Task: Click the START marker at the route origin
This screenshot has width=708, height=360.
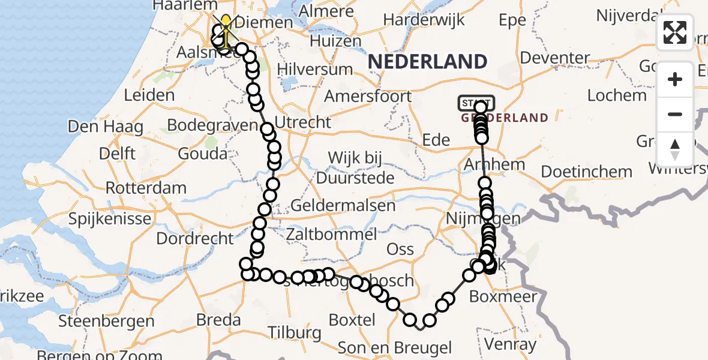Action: click(x=477, y=103)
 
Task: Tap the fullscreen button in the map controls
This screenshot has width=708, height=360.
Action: click(x=675, y=32)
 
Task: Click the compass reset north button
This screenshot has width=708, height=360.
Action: click(x=675, y=149)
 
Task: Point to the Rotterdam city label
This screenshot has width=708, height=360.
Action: click(x=146, y=188)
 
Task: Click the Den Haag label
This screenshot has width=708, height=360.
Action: click(x=106, y=127)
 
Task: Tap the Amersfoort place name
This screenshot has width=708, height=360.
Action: click(x=368, y=96)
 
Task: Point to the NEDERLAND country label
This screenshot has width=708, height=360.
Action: click(x=427, y=61)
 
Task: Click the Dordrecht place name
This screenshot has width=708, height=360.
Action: click(x=195, y=238)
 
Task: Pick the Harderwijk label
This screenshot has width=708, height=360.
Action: click(x=424, y=20)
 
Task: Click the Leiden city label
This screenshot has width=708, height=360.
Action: click(x=149, y=95)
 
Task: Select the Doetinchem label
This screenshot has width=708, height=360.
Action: click(x=587, y=172)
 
